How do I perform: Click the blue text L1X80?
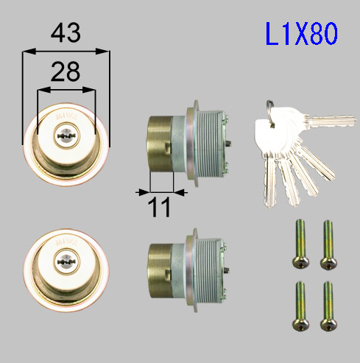click(x=302, y=34)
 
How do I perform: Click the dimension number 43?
click(x=66, y=32)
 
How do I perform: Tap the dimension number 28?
click(x=66, y=71)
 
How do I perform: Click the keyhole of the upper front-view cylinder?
click(x=66, y=136)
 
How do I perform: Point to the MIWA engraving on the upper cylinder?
click(x=66, y=116)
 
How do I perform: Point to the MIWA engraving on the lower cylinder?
click(x=66, y=242)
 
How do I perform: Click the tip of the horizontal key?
click(x=356, y=121)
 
